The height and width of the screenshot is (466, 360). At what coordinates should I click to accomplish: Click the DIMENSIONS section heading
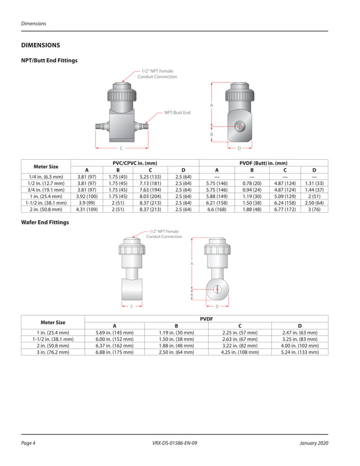pos(41,45)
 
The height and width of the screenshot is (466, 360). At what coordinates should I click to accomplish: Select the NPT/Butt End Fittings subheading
pos(49,60)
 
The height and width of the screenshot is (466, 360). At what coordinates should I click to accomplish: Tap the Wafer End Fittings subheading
pos(45,222)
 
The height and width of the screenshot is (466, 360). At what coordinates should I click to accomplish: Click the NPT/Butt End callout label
pos(177,113)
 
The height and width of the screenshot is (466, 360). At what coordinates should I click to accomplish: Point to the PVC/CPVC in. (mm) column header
pos(135,163)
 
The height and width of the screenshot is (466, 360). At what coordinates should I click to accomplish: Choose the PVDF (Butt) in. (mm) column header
pos(264,163)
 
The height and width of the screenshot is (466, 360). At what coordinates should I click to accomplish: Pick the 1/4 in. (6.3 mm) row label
pos(46,177)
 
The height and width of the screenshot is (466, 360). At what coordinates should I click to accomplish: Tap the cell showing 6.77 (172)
pos(285,209)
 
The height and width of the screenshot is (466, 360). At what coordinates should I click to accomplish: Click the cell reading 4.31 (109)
pos(86,209)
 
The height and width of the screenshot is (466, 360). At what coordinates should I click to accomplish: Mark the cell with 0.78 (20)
pos(252,183)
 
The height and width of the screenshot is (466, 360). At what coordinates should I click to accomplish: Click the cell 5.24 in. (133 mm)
pos(299,352)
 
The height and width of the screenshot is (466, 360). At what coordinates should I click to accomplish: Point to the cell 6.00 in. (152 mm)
pos(115,339)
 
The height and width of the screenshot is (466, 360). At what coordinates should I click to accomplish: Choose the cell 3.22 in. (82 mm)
pos(240,345)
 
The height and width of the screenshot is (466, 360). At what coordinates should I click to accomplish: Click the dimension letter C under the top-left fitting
pos(121,148)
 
